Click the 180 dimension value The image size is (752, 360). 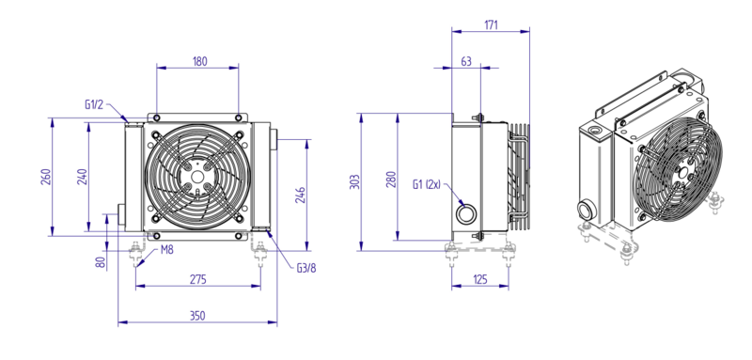point(200,61)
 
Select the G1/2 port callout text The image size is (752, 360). point(94,105)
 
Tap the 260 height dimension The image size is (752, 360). point(45,177)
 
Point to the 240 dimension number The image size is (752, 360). point(82,177)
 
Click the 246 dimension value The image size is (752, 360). point(301,196)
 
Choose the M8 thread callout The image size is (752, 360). point(167,250)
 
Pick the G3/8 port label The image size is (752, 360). point(306,268)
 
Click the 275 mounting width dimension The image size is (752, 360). point(198,279)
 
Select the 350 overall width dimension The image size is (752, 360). point(197,316)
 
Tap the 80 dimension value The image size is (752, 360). point(101,262)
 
